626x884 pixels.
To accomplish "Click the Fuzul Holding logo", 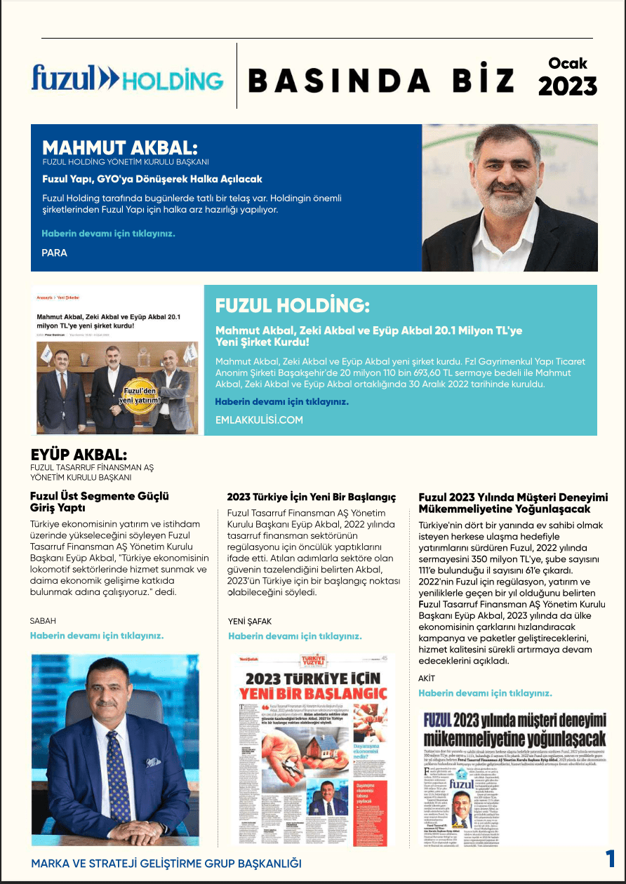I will pyautogui.click(x=127, y=78).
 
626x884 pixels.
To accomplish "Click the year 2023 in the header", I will pyautogui.click(x=567, y=86).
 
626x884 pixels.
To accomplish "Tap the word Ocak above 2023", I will pyautogui.click(x=568, y=63).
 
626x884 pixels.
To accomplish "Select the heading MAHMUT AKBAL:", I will pyautogui.click(x=120, y=148).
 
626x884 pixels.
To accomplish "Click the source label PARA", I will pyautogui.click(x=55, y=253).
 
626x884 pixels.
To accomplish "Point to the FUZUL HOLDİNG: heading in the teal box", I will pyautogui.click(x=291, y=306).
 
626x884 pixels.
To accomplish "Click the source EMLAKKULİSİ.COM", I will pyautogui.click(x=259, y=420).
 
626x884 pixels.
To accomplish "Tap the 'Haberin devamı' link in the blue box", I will pyautogui.click(x=108, y=233).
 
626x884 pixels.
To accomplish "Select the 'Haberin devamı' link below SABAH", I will pyautogui.click(x=96, y=636).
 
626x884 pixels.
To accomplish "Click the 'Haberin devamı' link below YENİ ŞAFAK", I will pyautogui.click(x=295, y=636).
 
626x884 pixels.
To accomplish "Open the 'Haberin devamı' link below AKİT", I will pyautogui.click(x=485, y=692).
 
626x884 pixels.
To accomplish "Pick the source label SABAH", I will pyautogui.click(x=43, y=621).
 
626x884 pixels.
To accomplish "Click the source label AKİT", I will pyautogui.click(x=427, y=678).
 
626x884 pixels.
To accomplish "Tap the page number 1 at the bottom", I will pyautogui.click(x=610, y=859).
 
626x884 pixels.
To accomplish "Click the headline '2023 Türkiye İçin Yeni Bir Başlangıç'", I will pyautogui.click(x=311, y=497).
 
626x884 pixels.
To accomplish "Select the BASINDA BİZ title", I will pyautogui.click(x=381, y=81).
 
